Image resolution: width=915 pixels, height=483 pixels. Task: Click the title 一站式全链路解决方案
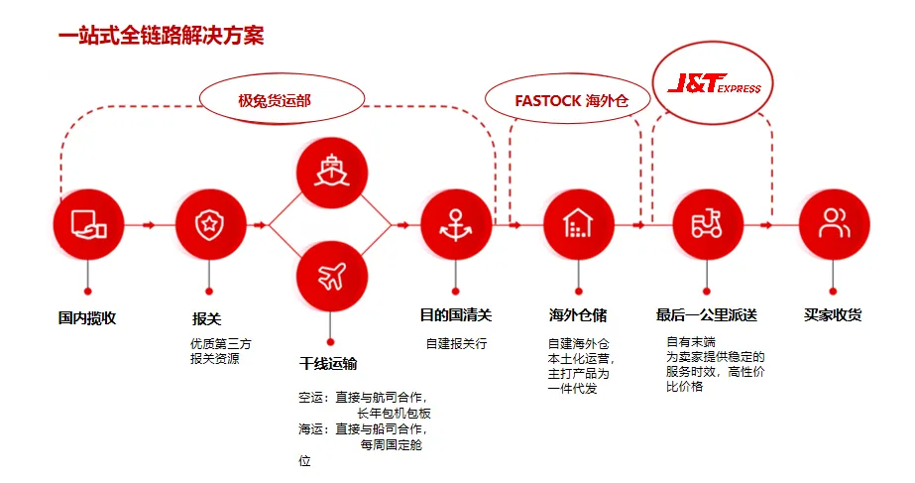click(x=161, y=36)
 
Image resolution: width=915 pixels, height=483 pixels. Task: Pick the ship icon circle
click(x=332, y=173)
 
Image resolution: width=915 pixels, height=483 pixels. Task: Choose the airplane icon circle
click(x=332, y=278)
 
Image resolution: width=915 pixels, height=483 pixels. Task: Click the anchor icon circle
click(x=456, y=225)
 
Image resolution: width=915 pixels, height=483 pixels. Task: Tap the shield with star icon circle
click(x=210, y=225)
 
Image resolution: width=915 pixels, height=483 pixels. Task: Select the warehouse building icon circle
click(x=578, y=225)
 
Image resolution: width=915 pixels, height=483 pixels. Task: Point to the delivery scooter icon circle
click(x=707, y=225)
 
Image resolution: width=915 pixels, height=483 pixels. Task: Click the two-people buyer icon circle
click(x=834, y=225)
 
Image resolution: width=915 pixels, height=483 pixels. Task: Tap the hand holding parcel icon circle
click(x=88, y=225)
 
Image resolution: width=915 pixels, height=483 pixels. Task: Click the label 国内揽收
click(x=87, y=318)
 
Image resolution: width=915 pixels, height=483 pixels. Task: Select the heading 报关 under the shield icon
click(x=206, y=319)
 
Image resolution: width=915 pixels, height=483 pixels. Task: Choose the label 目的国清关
click(x=456, y=315)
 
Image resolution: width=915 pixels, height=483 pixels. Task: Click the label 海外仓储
click(x=578, y=315)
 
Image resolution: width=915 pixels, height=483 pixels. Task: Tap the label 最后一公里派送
click(x=707, y=315)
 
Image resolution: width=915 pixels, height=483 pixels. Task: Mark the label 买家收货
click(x=833, y=315)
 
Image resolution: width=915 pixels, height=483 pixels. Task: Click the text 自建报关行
click(x=456, y=343)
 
